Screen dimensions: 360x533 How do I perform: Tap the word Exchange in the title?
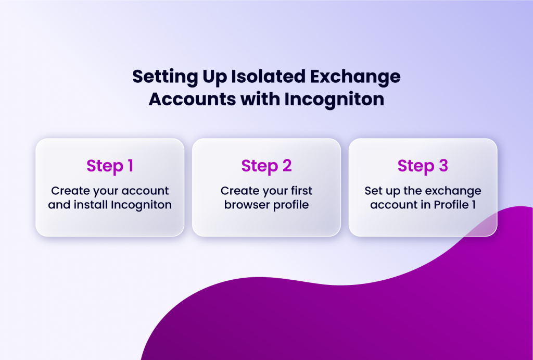(x=357, y=77)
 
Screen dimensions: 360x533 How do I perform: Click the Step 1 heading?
(x=110, y=166)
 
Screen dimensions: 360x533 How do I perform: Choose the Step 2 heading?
(x=266, y=166)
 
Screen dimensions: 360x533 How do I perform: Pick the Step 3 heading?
(x=423, y=166)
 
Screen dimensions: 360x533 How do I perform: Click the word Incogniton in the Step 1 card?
(x=141, y=205)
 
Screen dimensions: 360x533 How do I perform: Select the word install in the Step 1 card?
(x=91, y=205)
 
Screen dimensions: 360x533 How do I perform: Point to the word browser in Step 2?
(x=245, y=205)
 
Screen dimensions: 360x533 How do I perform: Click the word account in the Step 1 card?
(x=147, y=191)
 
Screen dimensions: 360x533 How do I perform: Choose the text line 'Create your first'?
(x=266, y=191)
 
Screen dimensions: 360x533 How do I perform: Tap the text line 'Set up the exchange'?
(x=423, y=191)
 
